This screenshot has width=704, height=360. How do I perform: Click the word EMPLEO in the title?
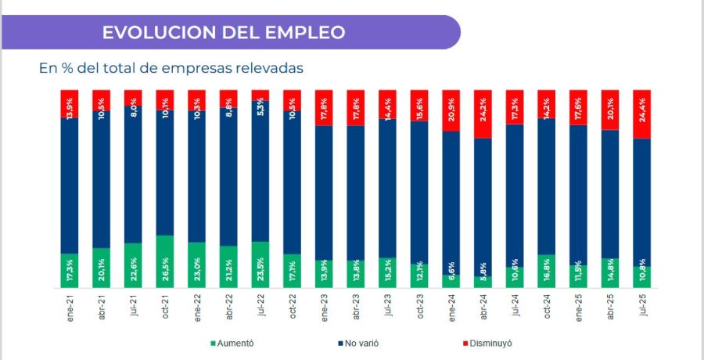[306, 32]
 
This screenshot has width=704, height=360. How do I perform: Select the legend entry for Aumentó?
[232, 343]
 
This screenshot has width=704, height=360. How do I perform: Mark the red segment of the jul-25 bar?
[641, 113]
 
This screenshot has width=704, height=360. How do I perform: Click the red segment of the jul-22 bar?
[260, 95]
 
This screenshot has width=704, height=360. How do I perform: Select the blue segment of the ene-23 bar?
[324, 192]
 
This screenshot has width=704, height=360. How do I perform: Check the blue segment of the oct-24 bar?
[546, 186]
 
